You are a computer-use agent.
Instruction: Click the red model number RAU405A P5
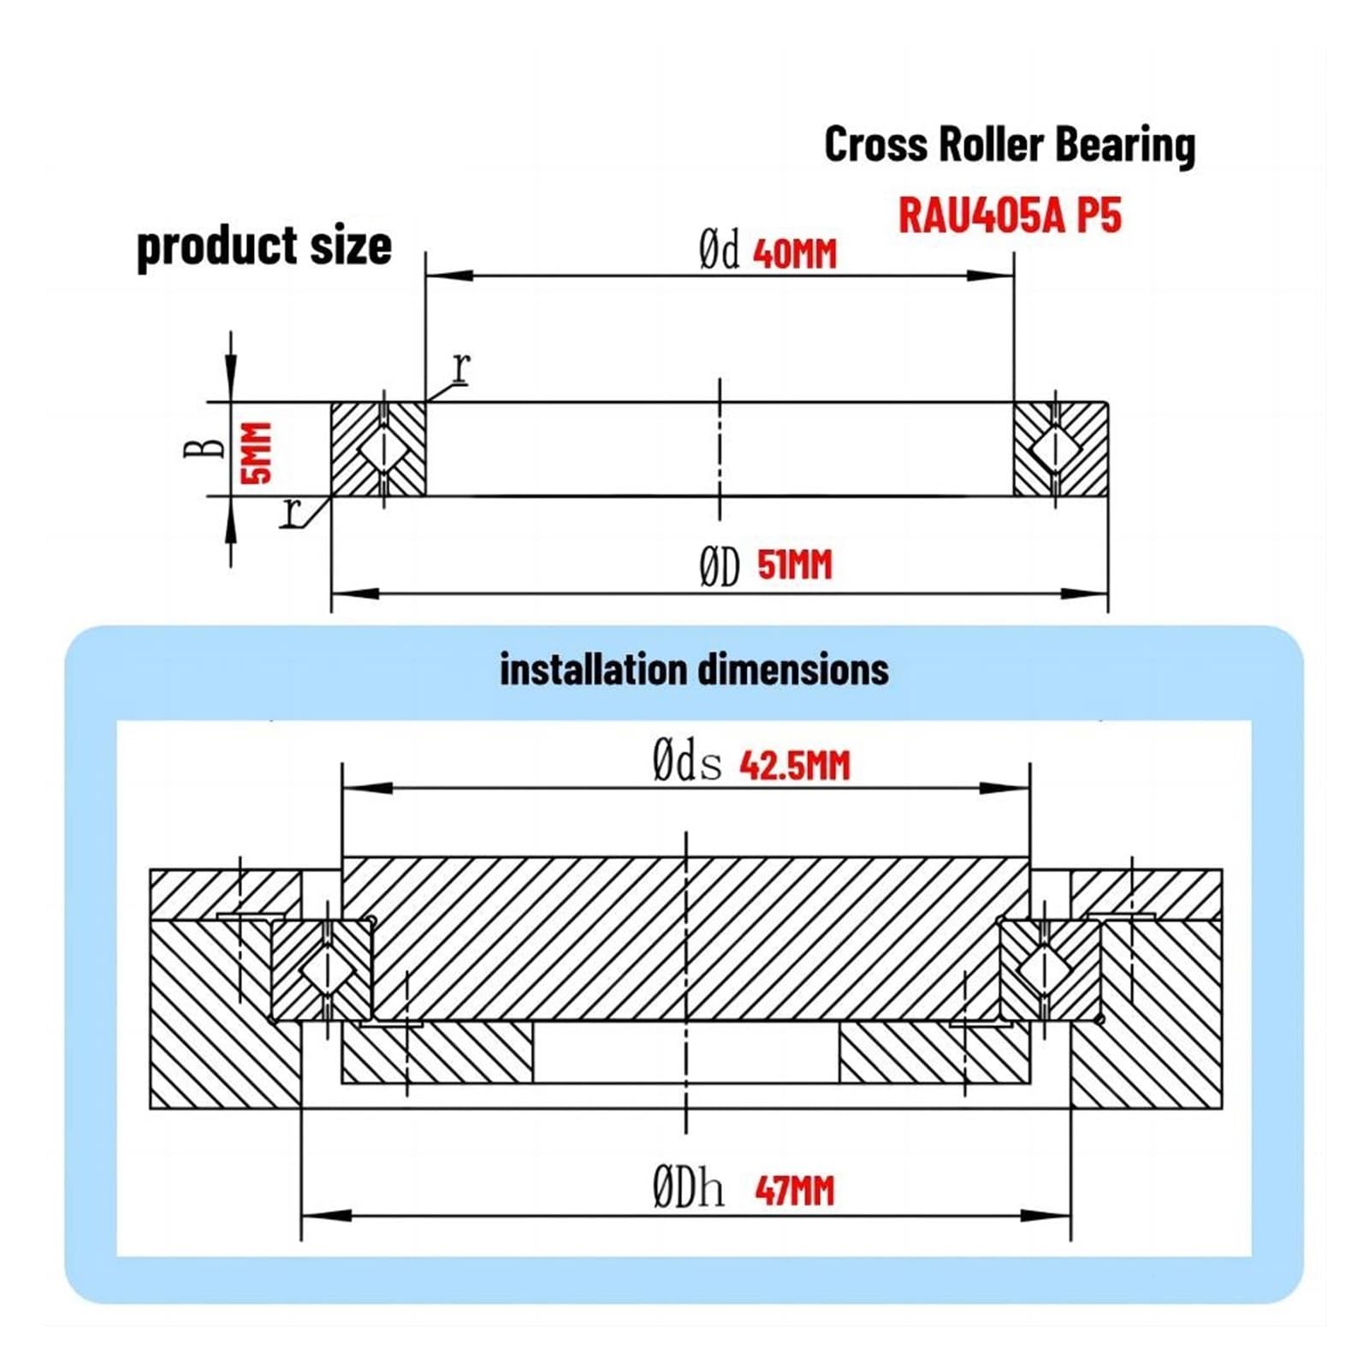(x=1010, y=215)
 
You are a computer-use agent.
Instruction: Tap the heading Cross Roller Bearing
(x=1010, y=145)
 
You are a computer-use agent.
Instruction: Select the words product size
(x=264, y=247)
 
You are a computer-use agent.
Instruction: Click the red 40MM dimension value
(x=795, y=254)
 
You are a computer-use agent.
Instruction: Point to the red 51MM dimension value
(x=795, y=565)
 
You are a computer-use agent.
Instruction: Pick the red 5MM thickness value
(x=256, y=453)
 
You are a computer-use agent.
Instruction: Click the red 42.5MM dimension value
(x=795, y=765)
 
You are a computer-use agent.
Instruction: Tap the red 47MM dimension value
(x=795, y=1190)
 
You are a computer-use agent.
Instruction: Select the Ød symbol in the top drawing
(x=719, y=252)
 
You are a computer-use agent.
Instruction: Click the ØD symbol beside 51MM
(x=719, y=567)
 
